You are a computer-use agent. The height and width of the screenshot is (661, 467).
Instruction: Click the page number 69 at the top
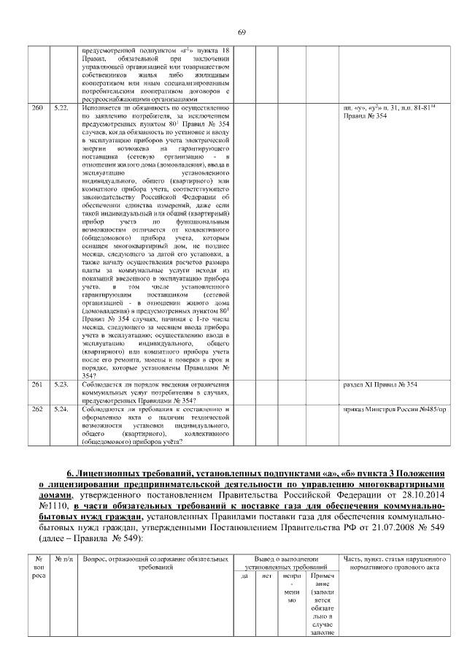pyautogui.click(x=242, y=31)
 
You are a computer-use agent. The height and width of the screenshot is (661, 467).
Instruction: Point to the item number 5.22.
pyautogui.click(x=61, y=107)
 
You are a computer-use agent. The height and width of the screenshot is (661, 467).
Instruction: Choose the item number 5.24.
pyautogui.click(x=61, y=409)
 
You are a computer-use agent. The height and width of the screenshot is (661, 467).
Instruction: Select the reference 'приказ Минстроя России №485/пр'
pyautogui.click(x=394, y=409)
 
